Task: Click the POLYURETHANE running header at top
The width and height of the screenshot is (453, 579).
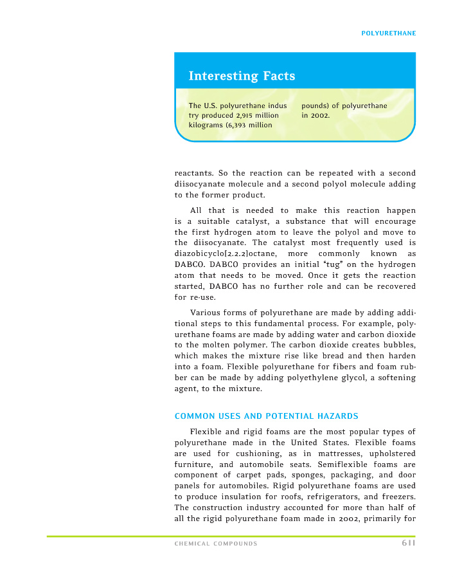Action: [388, 33]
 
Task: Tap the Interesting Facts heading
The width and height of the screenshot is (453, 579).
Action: [242, 76]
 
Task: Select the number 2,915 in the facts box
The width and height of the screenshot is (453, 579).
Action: [232, 115]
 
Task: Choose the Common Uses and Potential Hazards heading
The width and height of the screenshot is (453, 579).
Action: [266, 416]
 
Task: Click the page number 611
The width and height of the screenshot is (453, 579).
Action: [407, 544]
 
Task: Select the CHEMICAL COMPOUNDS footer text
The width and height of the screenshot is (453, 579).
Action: [216, 544]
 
